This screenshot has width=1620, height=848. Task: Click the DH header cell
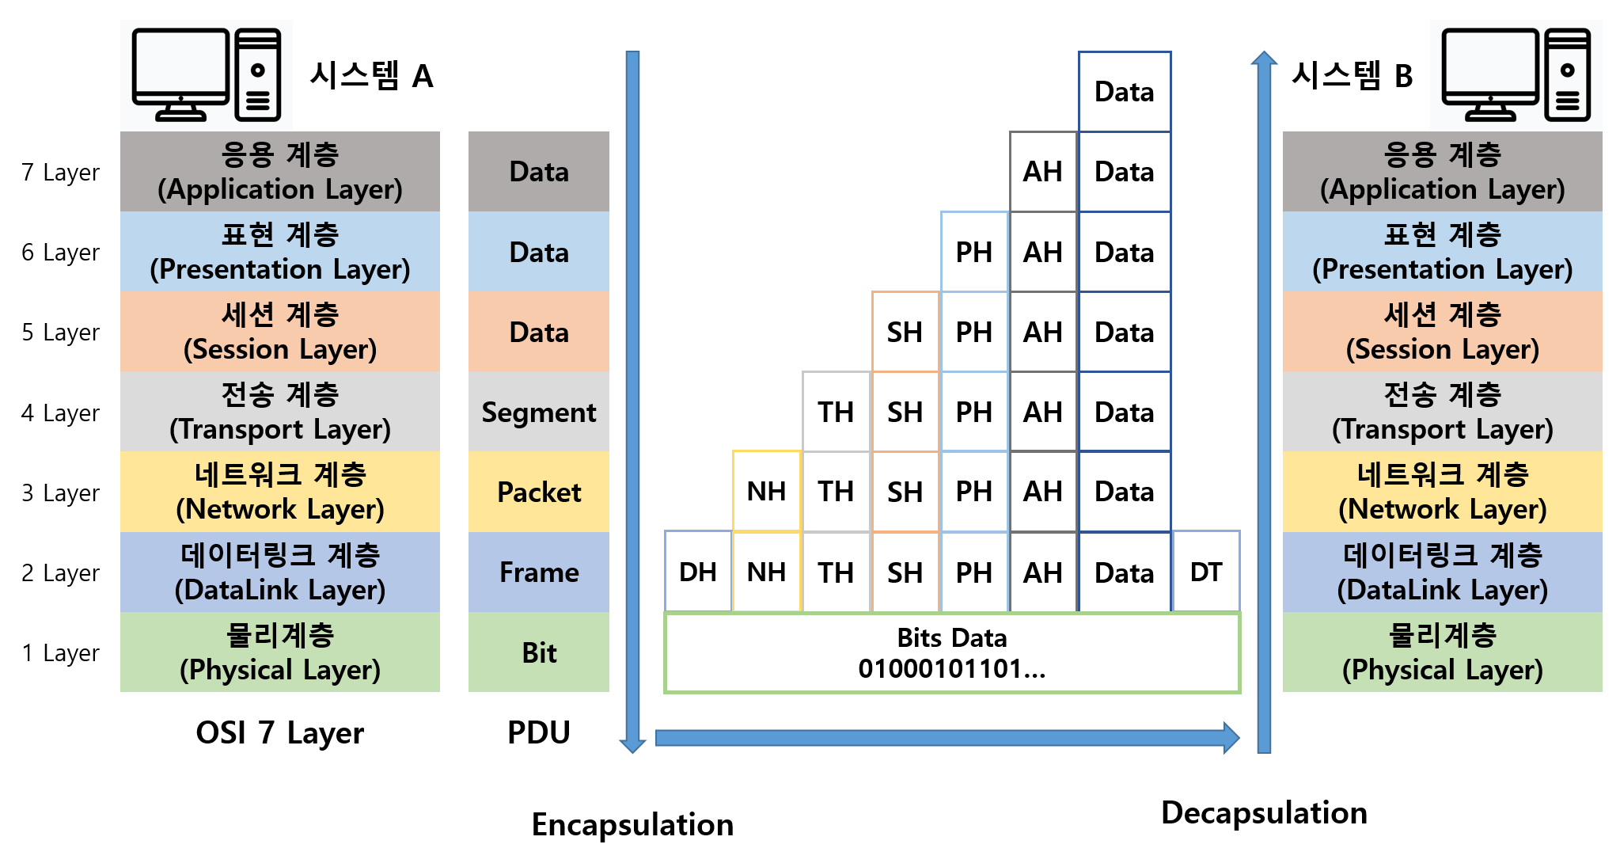point(698,572)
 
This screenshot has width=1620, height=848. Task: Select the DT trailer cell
point(1206,572)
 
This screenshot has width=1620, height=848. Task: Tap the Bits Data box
point(952,653)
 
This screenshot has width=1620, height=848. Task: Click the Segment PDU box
point(539,412)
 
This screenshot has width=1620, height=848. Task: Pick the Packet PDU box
point(539,492)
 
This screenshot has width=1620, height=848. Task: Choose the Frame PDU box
point(539,572)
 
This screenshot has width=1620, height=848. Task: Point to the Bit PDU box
point(539,652)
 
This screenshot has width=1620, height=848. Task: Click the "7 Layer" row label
point(61,172)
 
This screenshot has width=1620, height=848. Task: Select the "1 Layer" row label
point(61,652)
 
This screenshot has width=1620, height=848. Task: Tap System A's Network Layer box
point(280,492)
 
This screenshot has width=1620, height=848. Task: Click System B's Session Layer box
point(1443,331)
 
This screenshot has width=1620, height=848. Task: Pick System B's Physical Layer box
point(1443,652)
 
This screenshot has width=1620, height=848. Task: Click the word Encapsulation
point(632,825)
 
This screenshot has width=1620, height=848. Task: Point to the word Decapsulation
point(1264,813)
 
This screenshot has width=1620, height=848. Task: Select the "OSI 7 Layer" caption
point(280,732)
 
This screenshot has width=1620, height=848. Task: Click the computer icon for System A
point(207,74)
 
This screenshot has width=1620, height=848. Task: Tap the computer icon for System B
point(1516,74)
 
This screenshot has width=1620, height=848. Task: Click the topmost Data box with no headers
point(1125,92)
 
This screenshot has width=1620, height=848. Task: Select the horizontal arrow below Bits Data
point(948,738)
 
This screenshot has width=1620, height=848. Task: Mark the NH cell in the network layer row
point(767,491)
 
